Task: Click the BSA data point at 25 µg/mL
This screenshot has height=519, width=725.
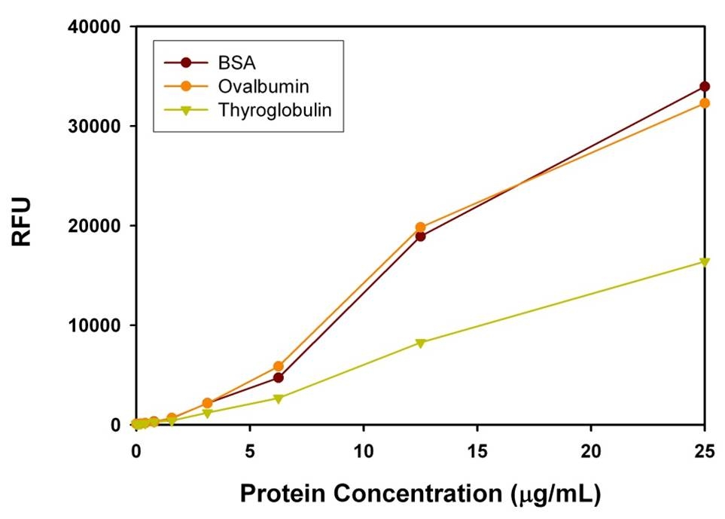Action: click(x=705, y=87)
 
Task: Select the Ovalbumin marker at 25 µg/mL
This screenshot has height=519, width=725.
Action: click(x=705, y=103)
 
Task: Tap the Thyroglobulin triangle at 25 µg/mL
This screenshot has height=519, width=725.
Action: click(x=705, y=262)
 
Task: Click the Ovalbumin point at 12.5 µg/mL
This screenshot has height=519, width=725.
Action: click(x=420, y=227)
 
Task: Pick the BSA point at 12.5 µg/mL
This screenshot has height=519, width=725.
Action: click(x=420, y=237)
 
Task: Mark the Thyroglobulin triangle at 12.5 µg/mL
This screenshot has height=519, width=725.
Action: click(x=420, y=343)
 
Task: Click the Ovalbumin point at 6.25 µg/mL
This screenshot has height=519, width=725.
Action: click(x=278, y=366)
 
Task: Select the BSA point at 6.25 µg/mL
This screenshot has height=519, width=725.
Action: click(x=278, y=377)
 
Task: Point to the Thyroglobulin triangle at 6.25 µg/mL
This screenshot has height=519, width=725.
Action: click(x=278, y=398)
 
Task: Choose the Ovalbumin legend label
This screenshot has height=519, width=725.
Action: click(x=258, y=85)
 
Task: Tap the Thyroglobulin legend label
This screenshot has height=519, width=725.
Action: click(x=275, y=109)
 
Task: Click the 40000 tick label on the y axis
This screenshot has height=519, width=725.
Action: click(x=96, y=27)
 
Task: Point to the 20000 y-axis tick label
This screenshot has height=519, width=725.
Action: click(x=96, y=226)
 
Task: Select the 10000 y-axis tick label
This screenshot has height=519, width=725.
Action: click(x=96, y=325)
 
